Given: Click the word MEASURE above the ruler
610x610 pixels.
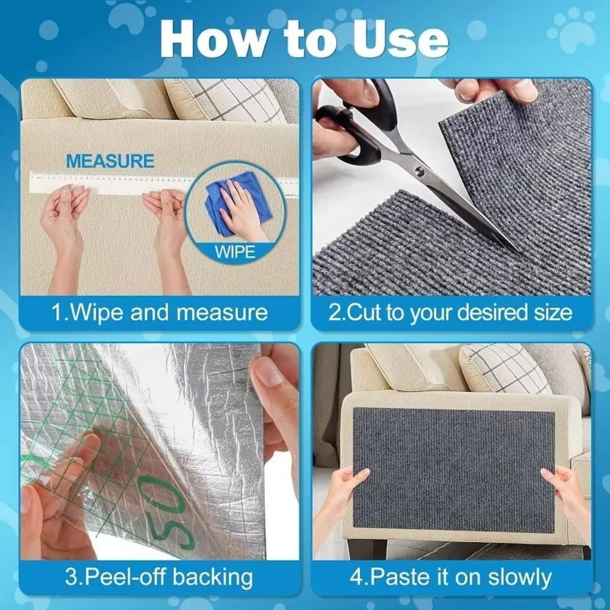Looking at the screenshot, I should click(110, 162).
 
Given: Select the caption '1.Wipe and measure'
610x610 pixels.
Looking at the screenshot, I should click(160, 313).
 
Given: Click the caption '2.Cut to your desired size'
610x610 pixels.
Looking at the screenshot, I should click(450, 313).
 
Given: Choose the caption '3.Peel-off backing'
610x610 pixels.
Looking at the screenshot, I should click(160, 576).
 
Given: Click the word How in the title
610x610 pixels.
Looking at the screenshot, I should click(210, 40).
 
